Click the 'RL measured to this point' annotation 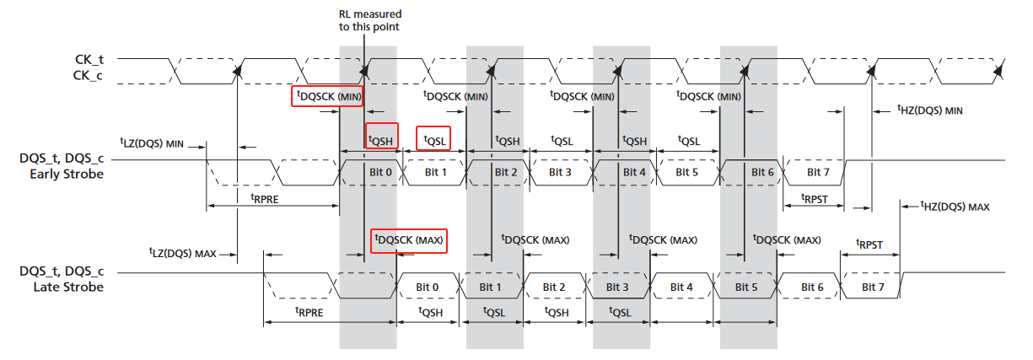[x=364, y=20]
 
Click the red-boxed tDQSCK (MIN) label [x=327, y=96]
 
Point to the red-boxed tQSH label [x=381, y=137]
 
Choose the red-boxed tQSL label [x=433, y=137]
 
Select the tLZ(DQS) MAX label [x=183, y=252]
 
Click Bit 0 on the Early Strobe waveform [x=381, y=172]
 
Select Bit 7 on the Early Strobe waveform [x=814, y=172]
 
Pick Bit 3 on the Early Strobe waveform [x=561, y=172]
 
